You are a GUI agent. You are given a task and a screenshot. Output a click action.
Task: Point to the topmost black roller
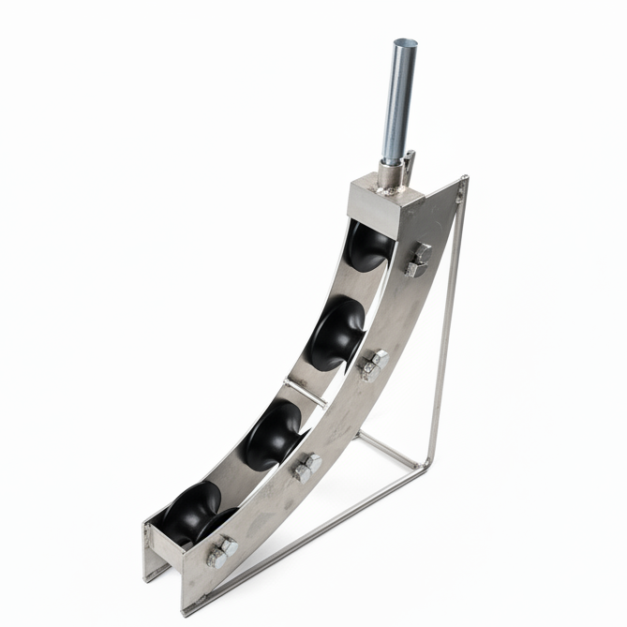click(x=369, y=246)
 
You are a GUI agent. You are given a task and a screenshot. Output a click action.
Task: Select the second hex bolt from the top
click(x=374, y=365)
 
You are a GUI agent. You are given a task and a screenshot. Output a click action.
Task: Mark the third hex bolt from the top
click(x=306, y=467)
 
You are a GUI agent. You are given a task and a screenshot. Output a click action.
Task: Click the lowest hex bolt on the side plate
click(x=221, y=552)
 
